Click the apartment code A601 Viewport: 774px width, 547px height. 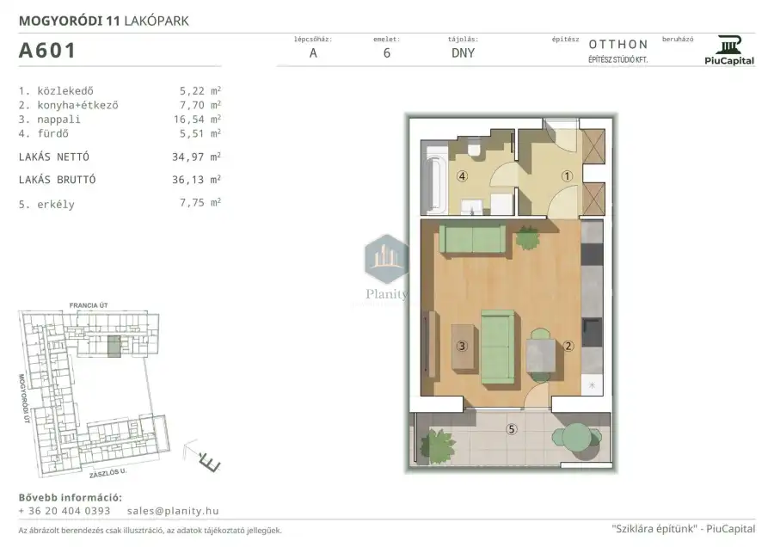[47, 51]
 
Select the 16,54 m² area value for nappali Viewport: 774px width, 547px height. [197, 119]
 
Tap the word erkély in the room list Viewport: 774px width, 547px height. [56, 205]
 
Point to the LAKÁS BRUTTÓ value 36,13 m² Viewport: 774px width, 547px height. [196, 179]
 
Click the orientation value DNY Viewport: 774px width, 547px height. [463, 53]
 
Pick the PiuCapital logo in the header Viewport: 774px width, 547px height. [729, 50]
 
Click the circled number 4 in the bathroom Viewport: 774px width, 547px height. [462, 175]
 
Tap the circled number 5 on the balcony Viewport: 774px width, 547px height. [512, 429]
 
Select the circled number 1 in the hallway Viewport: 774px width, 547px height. [567, 175]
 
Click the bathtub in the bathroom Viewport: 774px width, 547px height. [435, 178]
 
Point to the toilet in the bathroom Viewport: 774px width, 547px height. [475, 149]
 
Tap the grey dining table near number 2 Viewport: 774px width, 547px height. [541, 355]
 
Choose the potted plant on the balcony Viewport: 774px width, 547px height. [436, 446]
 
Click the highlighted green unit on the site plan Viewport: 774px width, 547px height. [114, 347]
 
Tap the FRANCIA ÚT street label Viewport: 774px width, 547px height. [89, 305]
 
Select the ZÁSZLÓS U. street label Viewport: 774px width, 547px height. [108, 473]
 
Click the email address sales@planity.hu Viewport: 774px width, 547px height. [173, 511]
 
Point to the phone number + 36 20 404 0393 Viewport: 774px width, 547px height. [64, 511]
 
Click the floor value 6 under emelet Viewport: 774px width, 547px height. [387, 53]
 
